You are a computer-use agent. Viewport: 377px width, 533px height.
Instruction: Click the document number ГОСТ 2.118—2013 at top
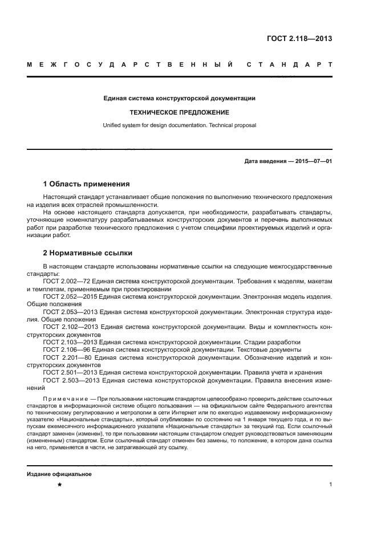(x=299, y=39)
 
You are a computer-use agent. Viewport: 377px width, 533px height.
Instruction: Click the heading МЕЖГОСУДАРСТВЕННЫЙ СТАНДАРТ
(x=179, y=65)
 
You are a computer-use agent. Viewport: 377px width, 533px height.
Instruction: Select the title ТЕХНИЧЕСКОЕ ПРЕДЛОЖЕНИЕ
(x=179, y=112)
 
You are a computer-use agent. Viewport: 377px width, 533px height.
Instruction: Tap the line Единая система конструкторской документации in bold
(x=179, y=99)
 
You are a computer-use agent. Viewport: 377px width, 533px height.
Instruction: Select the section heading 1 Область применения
(x=86, y=184)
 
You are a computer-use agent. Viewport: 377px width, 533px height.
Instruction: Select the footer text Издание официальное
(x=59, y=474)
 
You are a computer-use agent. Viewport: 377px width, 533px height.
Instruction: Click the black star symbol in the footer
(x=59, y=485)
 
